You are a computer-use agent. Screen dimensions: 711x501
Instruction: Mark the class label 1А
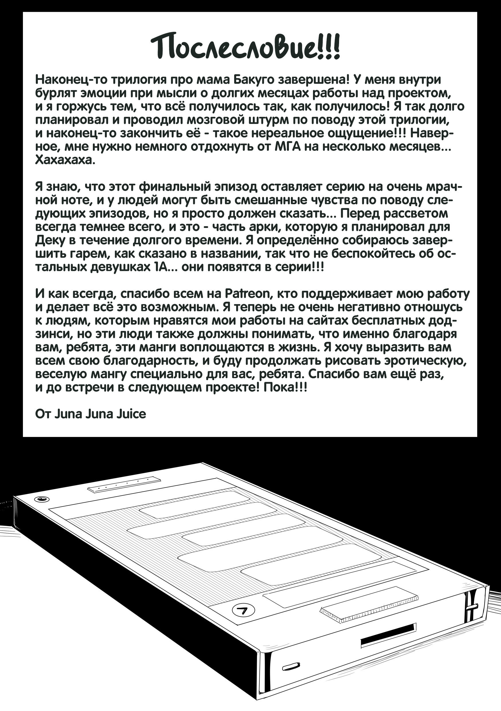(x=160, y=267)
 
